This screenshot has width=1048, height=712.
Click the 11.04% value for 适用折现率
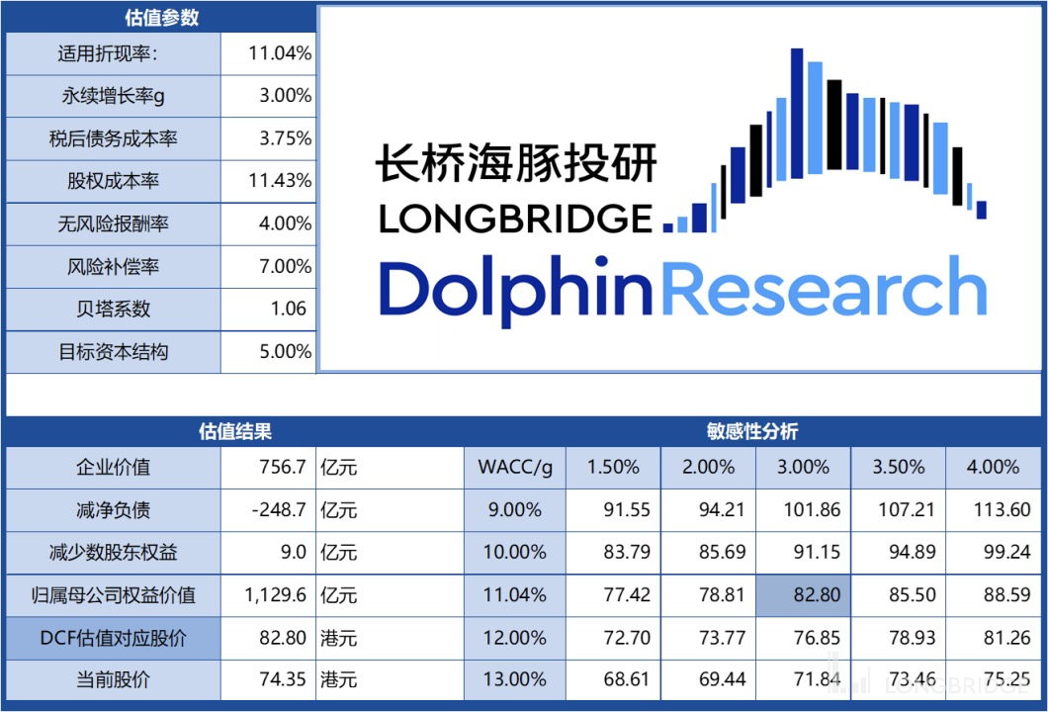pyautogui.click(x=280, y=53)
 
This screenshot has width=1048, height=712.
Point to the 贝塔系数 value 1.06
pyautogui.click(x=288, y=309)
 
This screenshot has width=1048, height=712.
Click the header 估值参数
pyautogui.click(x=160, y=17)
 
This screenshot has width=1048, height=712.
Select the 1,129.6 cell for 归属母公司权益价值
pyautogui.click(x=276, y=595)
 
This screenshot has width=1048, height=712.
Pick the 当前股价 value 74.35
pyautogui.click(x=282, y=680)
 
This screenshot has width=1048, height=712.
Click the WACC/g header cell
pyautogui.click(x=514, y=468)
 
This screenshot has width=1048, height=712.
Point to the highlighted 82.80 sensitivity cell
pyautogui.click(x=803, y=595)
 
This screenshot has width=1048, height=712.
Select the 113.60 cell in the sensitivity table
pyautogui.click(x=994, y=510)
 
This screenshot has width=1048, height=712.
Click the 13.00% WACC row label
pyautogui.click(x=514, y=680)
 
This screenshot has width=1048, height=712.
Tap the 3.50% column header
pyautogui.click(x=898, y=468)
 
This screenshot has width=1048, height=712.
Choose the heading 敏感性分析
pyautogui.click(x=751, y=431)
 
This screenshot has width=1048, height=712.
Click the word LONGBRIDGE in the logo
pyautogui.click(x=515, y=219)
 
